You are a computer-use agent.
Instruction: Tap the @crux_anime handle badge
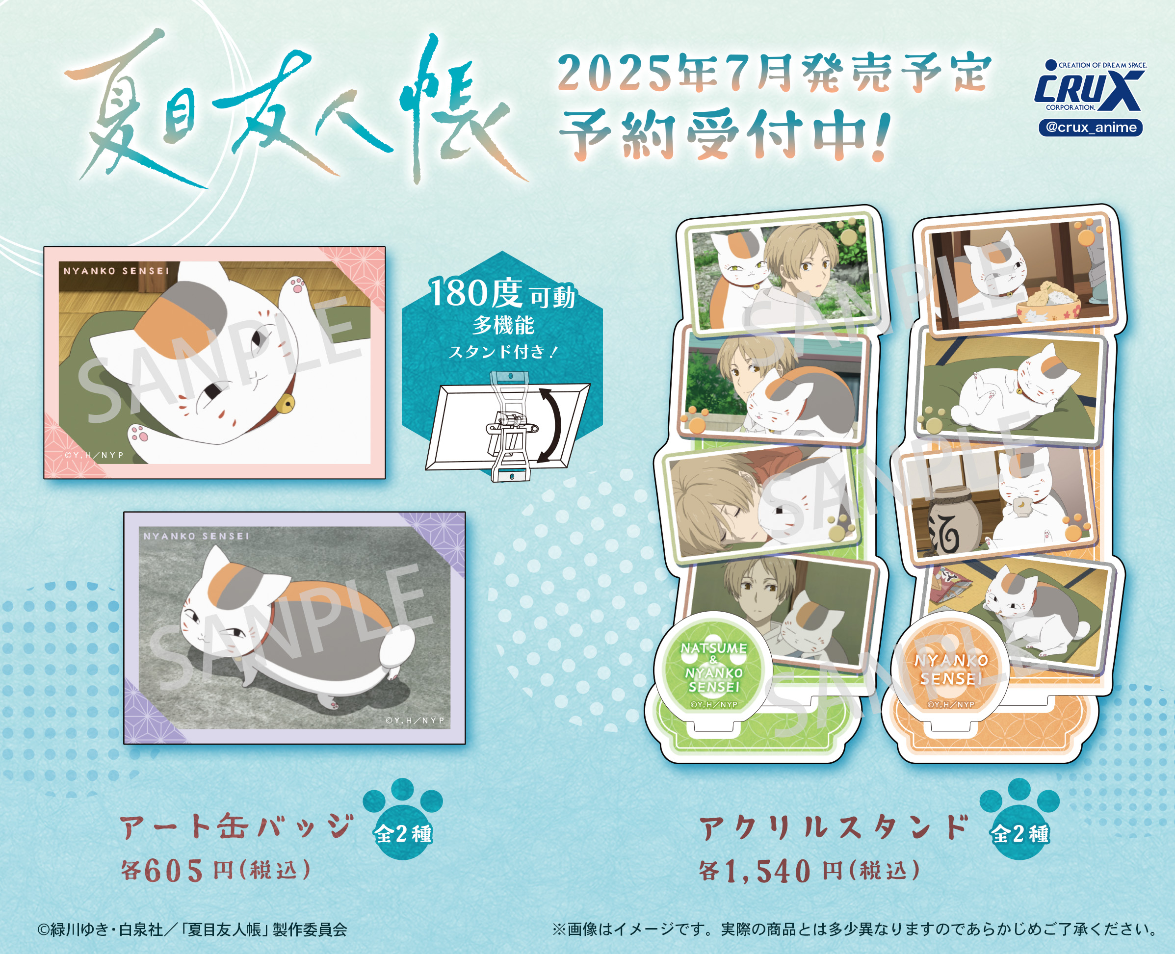tap(1091, 128)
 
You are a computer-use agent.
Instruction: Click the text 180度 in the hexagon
tap(476, 293)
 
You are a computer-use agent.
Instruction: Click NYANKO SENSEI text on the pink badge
tap(116, 271)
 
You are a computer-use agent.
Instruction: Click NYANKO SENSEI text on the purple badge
tap(196, 536)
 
